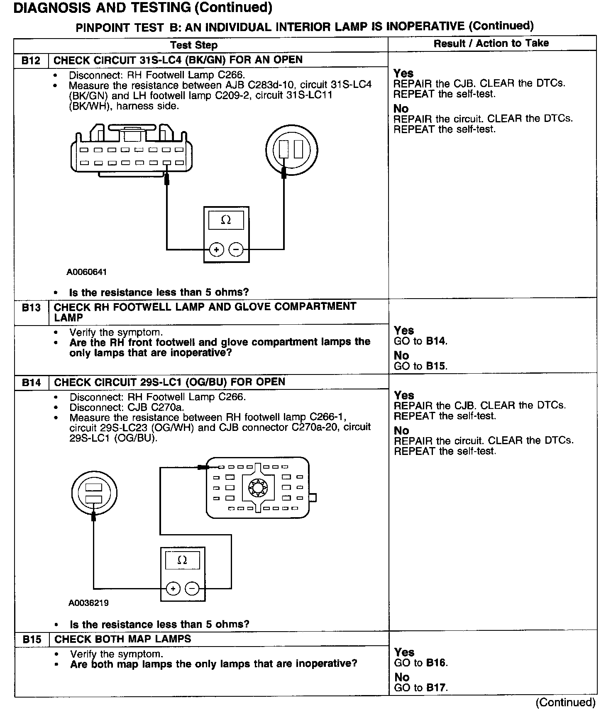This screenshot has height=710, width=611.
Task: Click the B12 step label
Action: pos(31,61)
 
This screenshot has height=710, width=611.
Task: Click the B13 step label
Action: pos(31,308)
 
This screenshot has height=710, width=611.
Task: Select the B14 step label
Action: pos(31,382)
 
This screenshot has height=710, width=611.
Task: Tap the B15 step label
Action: pos(32,639)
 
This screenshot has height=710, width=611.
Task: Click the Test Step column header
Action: pos(194,45)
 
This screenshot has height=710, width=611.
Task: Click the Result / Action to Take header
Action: pos(491,44)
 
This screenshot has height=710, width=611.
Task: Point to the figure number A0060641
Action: pos(87,272)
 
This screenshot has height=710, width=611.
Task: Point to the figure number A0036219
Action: pos(88,603)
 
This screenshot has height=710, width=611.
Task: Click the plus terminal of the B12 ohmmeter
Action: pos(216,250)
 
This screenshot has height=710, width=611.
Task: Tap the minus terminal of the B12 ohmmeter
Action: pos(236,250)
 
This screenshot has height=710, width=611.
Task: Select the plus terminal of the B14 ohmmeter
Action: pos(173,588)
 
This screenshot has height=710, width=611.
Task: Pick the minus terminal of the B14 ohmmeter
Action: pos(192,588)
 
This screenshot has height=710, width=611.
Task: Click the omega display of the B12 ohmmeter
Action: pos(226,220)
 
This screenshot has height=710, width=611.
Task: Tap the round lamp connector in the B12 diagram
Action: pos(292,150)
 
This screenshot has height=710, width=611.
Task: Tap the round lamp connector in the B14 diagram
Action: pos(94,494)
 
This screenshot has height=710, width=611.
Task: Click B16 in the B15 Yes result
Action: pos(437,663)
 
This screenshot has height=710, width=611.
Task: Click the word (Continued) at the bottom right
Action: pos(565,702)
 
